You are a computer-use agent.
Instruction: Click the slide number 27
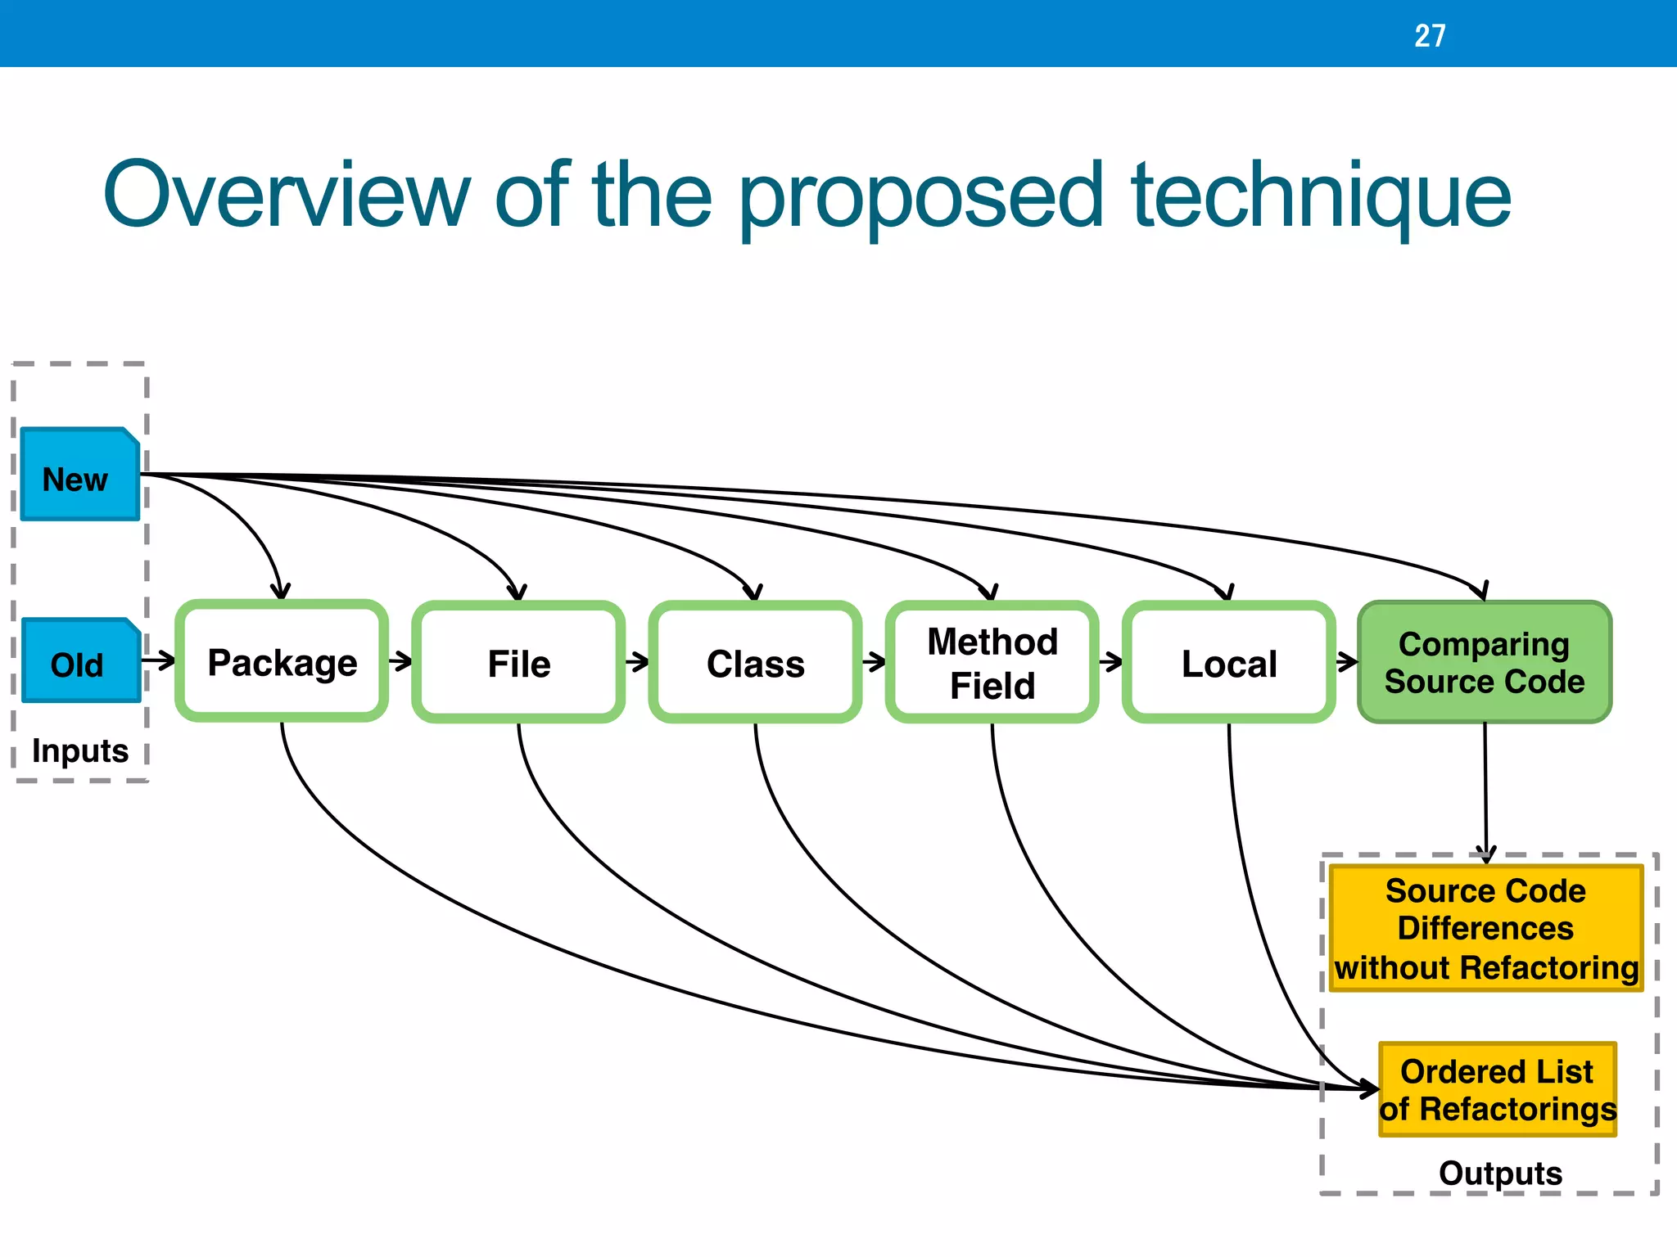1430,35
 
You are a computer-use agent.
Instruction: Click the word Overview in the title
287,196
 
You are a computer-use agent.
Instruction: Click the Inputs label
79,750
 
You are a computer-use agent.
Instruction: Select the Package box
282,662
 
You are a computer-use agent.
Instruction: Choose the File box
518,663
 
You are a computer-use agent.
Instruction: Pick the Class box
755,663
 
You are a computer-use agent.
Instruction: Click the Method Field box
992,663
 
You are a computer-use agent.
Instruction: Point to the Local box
1228,663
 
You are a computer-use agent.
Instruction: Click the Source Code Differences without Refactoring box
1485,929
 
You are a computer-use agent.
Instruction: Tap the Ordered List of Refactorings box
1497,1090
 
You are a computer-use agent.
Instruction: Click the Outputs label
1500,1173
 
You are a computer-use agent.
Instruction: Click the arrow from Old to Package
159,660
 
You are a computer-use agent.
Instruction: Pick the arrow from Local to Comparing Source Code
1347,661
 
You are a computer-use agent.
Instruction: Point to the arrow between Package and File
400,661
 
